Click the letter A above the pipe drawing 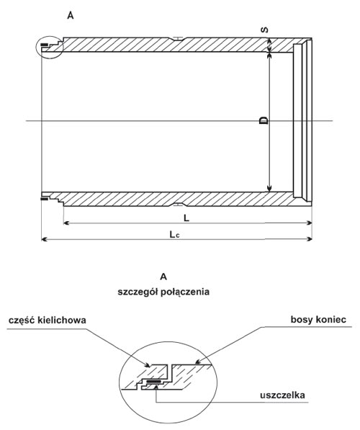click(71, 16)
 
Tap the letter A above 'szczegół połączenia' click(163, 277)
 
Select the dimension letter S click(264, 30)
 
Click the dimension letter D click(264, 120)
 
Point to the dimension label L click(186, 218)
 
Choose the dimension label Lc click(174, 235)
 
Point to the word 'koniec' click(331, 320)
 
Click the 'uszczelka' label click(283, 395)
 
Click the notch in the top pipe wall click(179, 39)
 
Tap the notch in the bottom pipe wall click(179, 204)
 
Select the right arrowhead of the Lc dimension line click(310, 239)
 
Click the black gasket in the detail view click(154, 381)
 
